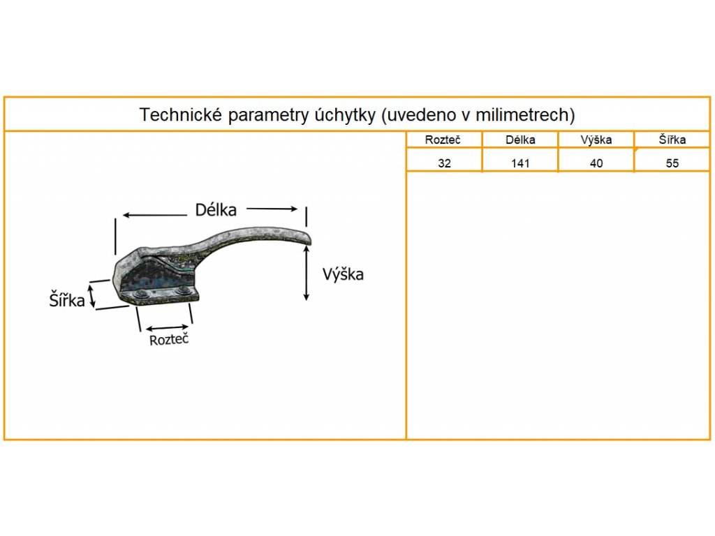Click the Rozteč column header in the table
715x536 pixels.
click(443, 140)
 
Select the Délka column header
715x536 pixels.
click(520, 140)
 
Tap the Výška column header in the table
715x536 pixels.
click(596, 140)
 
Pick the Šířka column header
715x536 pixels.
click(672, 140)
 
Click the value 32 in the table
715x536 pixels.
click(444, 164)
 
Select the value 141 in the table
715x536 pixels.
click(520, 164)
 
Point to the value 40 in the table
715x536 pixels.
click(596, 164)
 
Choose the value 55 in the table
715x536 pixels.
click(672, 164)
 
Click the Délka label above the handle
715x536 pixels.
click(216, 209)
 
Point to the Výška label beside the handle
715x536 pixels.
click(343, 274)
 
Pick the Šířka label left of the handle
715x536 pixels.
click(67, 301)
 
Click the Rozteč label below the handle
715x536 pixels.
click(169, 340)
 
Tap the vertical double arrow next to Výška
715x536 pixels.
click(307, 274)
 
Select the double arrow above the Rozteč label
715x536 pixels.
click(166, 327)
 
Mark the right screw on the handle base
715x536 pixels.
click(183, 291)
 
